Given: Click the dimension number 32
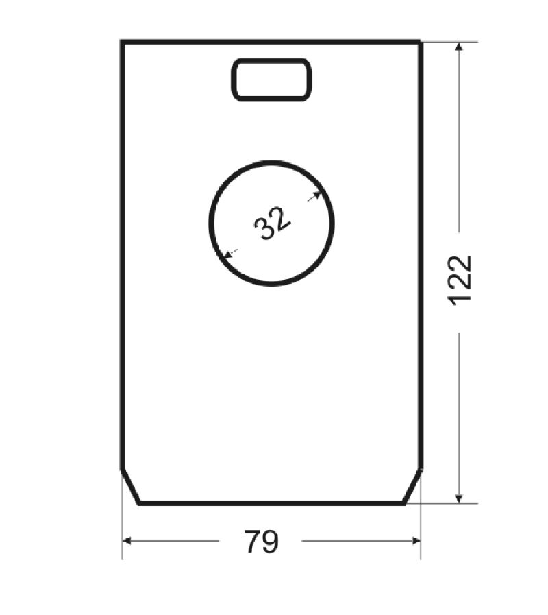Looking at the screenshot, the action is pyautogui.click(x=273, y=224).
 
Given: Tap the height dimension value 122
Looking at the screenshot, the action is pyautogui.click(x=460, y=280).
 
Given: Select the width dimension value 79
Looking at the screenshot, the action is pyautogui.click(x=262, y=541).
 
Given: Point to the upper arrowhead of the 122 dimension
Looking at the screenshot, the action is pyautogui.click(x=459, y=47).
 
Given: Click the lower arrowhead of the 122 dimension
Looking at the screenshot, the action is pyautogui.click(x=459, y=498).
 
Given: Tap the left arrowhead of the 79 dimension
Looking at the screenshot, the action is pyautogui.click(x=127, y=541).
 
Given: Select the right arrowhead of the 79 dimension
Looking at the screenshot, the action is pyautogui.click(x=416, y=541).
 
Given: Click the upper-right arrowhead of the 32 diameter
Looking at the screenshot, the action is pyautogui.click(x=318, y=195).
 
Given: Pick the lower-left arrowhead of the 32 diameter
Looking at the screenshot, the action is pyautogui.click(x=227, y=254).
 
